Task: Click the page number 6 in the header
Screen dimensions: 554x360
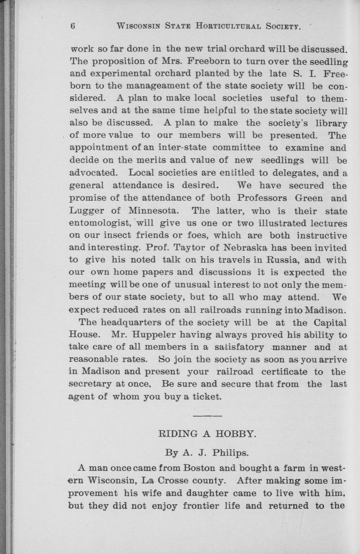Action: coord(73,26)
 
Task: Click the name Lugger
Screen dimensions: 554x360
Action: coord(87,211)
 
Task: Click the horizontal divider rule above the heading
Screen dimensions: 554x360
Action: coord(207,416)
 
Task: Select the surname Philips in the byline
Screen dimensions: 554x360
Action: coord(230,453)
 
